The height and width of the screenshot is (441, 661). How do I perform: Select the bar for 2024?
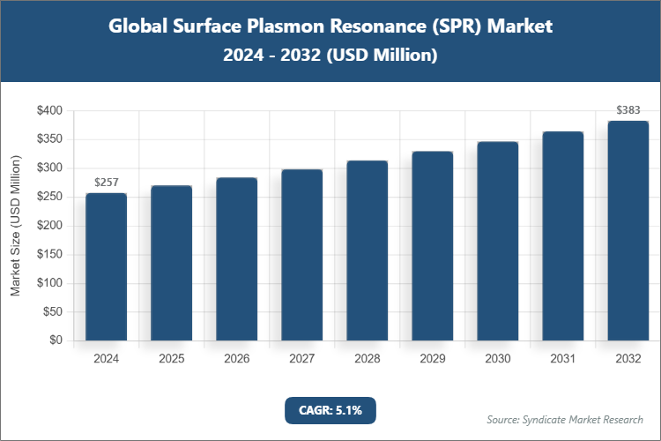click(107, 266)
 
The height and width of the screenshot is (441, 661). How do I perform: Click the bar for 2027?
click(302, 255)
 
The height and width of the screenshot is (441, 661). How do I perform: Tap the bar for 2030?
click(498, 241)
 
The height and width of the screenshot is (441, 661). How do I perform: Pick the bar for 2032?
click(628, 230)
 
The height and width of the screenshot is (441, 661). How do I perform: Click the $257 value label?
click(107, 183)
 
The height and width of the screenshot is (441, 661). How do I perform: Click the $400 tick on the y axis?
click(49, 111)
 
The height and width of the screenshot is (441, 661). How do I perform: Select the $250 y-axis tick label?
click(49, 198)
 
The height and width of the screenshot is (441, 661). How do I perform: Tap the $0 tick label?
click(56, 340)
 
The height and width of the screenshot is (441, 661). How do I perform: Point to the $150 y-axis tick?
click(49, 255)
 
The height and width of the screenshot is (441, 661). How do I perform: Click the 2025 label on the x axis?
click(172, 359)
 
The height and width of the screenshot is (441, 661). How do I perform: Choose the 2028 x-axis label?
click(368, 359)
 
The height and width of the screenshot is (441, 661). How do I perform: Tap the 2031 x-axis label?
click(563, 359)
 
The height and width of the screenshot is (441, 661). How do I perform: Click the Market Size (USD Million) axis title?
click(16, 226)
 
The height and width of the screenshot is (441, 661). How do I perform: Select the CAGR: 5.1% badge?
click(330, 410)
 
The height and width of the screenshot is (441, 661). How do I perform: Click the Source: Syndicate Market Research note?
click(565, 419)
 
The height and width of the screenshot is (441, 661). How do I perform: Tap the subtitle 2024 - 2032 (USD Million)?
click(330, 55)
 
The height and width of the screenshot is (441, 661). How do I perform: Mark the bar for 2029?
click(433, 246)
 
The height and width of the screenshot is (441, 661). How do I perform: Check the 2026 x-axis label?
click(237, 359)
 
